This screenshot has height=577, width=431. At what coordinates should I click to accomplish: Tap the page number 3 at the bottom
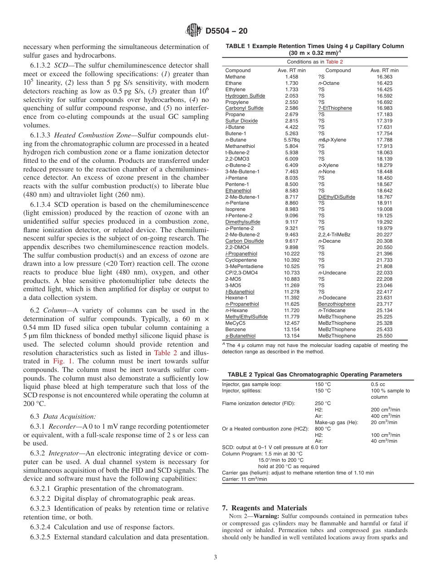coord(215,557)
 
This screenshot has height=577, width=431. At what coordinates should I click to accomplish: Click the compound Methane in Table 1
coord(235,77)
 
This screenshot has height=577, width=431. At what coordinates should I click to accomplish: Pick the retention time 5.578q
coord(292,140)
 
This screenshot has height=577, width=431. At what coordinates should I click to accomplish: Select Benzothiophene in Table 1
coord(337,304)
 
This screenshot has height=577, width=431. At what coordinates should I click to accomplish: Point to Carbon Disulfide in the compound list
coord(244,241)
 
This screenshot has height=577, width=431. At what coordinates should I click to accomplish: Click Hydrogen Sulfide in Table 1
coord(245,96)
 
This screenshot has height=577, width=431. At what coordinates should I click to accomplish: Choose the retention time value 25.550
coord(385,336)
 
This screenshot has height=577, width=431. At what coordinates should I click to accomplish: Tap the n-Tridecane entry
coord(332,311)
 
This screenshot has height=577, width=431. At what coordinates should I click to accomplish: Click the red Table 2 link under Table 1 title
coord(335,62)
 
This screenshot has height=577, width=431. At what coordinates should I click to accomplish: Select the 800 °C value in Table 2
coord(323,429)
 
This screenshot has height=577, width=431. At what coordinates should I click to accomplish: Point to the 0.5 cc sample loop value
coord(377,384)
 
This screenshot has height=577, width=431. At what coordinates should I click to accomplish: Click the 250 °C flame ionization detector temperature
coord(323,403)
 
